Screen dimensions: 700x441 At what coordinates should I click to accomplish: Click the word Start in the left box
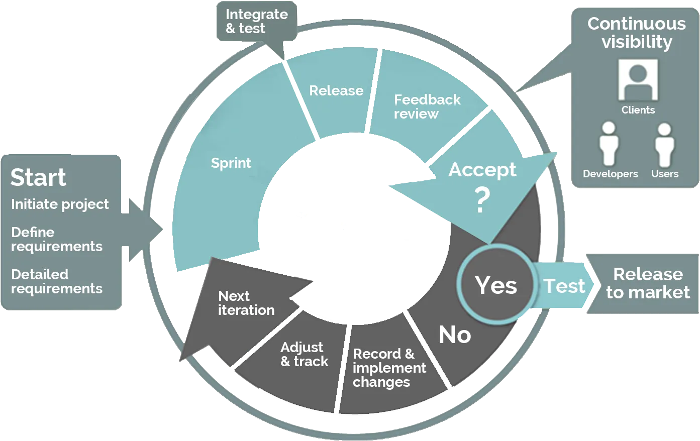38,177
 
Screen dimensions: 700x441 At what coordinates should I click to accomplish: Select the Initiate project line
60,204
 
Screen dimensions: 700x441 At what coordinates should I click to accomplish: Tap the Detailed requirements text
57,281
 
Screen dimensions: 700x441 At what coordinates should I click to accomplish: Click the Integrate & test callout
257,21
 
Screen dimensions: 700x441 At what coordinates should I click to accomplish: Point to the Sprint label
231,163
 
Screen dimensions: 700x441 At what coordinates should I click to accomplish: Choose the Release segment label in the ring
336,91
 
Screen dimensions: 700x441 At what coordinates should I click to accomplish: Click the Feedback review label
427,106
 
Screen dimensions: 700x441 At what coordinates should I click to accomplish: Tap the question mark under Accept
482,199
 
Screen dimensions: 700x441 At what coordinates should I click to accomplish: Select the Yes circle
496,284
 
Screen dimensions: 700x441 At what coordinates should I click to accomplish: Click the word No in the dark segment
455,335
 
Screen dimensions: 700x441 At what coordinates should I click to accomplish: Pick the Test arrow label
564,286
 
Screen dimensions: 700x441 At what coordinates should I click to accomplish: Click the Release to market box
644,284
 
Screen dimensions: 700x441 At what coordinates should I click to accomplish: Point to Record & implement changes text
389,368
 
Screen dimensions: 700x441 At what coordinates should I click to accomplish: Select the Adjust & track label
305,354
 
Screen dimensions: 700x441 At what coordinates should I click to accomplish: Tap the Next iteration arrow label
246,303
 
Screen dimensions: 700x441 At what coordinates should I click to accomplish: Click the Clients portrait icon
638,80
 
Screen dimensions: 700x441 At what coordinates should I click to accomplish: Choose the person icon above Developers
609,144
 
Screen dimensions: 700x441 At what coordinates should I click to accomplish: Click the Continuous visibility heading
637,33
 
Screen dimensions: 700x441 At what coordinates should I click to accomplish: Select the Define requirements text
57,239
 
